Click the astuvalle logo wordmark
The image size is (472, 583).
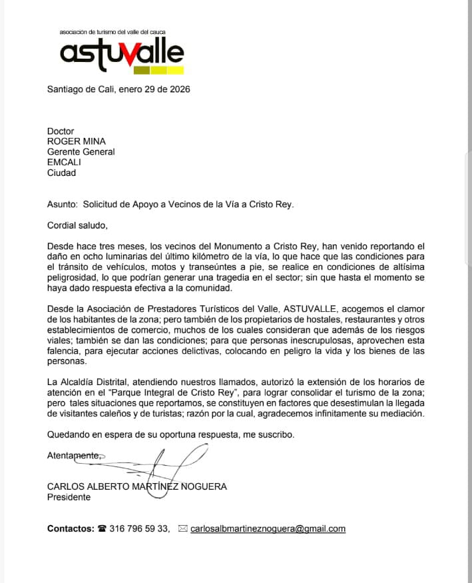coord(122,52)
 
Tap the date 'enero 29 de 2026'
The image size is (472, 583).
coord(154,89)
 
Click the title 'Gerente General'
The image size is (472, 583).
coord(81,152)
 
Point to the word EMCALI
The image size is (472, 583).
coord(64,162)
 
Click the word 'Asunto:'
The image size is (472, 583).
coord(63,205)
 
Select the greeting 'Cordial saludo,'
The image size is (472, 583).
coord(77,225)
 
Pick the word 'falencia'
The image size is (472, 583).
coord(65,351)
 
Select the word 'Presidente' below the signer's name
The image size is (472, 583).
coord(69,497)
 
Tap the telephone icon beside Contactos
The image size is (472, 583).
coord(102,529)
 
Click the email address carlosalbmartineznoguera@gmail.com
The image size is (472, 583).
coord(268,529)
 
